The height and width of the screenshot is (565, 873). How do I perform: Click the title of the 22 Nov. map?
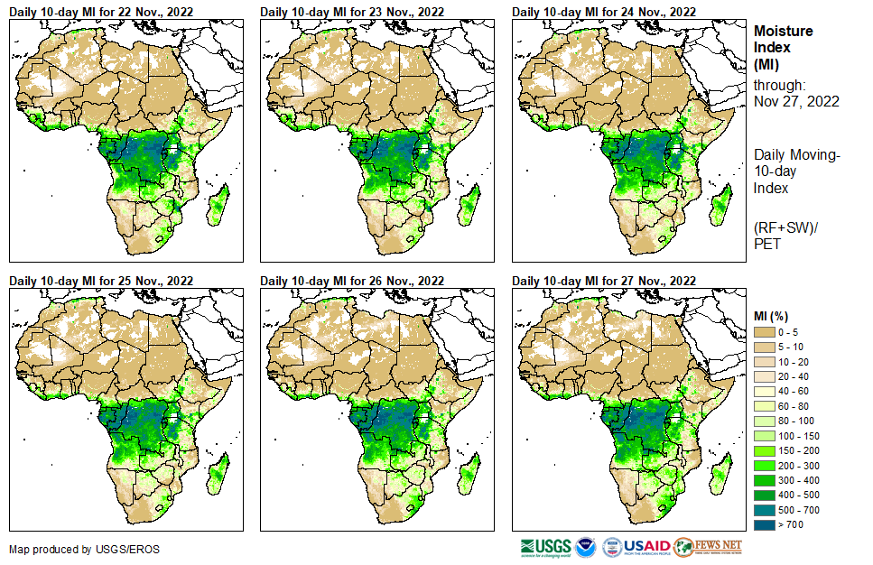click(x=101, y=11)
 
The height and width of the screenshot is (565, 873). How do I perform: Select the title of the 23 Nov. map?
click(x=352, y=11)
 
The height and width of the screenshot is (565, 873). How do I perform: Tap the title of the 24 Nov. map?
click(x=604, y=11)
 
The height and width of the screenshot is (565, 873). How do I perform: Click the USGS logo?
click(x=545, y=547)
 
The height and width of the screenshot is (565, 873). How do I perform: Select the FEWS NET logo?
click(x=708, y=547)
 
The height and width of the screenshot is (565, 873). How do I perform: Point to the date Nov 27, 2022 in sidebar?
click(x=796, y=101)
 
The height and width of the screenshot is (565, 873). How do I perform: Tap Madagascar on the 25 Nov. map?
click(x=217, y=471)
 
